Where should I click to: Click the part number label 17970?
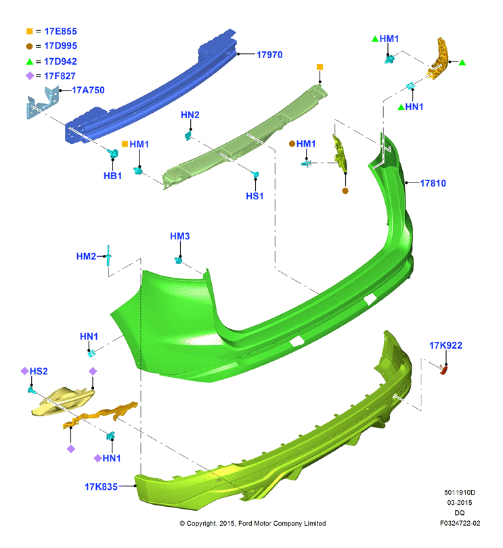click(269, 55)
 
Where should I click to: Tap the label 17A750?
click(88, 90)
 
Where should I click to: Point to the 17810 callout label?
click(433, 183)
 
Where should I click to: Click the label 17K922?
click(445, 345)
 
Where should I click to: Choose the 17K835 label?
click(101, 487)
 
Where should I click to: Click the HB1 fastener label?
click(112, 176)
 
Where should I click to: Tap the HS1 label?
click(255, 196)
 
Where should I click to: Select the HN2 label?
click(190, 115)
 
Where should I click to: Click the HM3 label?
click(180, 236)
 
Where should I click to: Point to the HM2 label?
click(86, 256)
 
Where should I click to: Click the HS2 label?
click(39, 371)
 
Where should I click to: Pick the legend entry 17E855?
click(60, 32)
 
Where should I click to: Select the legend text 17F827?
click(60, 76)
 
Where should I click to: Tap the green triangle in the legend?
click(30, 61)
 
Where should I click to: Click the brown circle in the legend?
click(29, 46)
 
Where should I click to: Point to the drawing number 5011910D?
click(460, 493)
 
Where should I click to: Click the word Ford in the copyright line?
click(244, 523)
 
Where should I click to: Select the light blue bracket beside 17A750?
click(43, 103)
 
